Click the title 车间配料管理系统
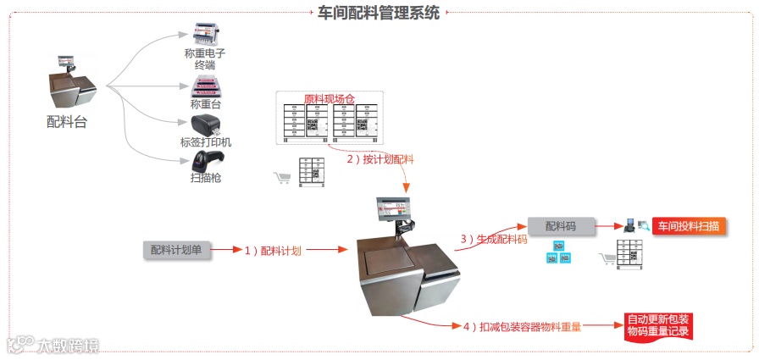coord(379,12)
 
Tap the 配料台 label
coord(66,121)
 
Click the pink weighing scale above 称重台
coord(204,86)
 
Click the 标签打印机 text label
coord(206,142)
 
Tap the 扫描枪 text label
coord(206,178)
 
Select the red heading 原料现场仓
coord(327,98)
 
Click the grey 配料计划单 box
coord(176,249)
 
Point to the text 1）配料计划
coord(273,250)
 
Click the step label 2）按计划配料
coord(380,159)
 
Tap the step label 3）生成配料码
coord(493,240)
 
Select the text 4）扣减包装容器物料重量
coord(521,326)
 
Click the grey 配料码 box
coord(560,226)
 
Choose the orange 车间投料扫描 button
coord(688,226)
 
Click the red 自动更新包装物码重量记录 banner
coord(657,326)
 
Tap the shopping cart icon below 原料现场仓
coord(280,177)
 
